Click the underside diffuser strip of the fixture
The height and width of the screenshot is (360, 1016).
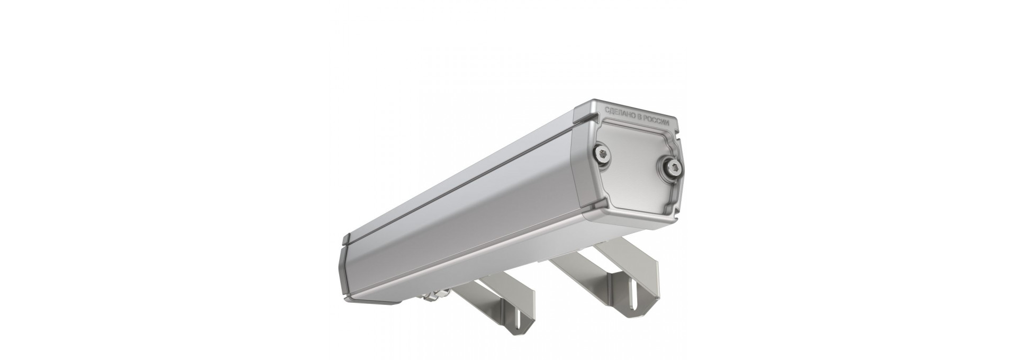pyautogui.click(x=476, y=275)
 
